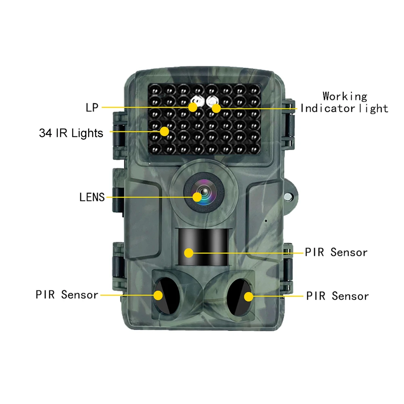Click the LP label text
point(92,107)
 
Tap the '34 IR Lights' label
point(71,133)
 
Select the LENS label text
point(92,197)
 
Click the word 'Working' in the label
point(345,96)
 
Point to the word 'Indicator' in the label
point(328,109)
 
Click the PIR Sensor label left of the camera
point(67,295)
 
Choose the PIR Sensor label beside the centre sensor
point(336,252)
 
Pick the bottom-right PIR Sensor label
point(337,296)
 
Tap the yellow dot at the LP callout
point(193,107)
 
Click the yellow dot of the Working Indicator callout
point(216,108)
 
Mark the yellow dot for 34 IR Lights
point(164,132)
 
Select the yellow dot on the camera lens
point(197,197)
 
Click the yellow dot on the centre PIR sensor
point(189,253)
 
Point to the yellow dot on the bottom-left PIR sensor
point(158,295)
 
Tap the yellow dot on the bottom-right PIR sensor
point(249,297)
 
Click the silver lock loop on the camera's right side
point(288,197)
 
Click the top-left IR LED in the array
point(155,90)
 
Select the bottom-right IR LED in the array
point(254,149)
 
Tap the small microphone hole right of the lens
point(266,221)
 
